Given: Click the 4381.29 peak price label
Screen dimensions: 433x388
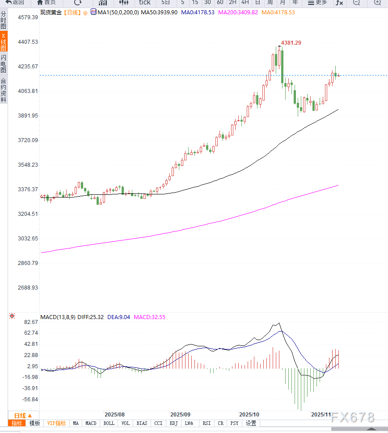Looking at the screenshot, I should (x=291, y=43).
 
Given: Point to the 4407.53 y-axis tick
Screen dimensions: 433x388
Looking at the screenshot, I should (x=27, y=42).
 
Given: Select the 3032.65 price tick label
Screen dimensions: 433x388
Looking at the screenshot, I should (x=27, y=239).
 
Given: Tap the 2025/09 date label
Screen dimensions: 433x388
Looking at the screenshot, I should (x=181, y=415).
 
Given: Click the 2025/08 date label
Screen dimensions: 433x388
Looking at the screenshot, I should (x=114, y=415).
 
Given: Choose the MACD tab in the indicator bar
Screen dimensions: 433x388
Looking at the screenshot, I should (x=91, y=423).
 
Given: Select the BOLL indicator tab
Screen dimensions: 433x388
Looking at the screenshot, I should (x=109, y=423).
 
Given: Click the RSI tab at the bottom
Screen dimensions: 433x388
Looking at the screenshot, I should (x=206, y=423).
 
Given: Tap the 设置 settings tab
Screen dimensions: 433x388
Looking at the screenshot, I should (x=251, y=423).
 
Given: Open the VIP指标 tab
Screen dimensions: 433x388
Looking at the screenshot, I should (x=56, y=423).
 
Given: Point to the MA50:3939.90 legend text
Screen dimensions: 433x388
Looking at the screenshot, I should (x=159, y=13).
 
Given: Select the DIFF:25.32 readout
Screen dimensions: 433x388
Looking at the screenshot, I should (x=91, y=317).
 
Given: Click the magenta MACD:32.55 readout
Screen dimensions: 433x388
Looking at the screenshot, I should (x=150, y=317).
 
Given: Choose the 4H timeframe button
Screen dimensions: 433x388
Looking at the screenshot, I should (x=245, y=2).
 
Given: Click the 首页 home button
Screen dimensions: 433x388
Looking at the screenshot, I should (x=46, y=2).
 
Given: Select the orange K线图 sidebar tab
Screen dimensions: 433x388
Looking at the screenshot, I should (x=4, y=42).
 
